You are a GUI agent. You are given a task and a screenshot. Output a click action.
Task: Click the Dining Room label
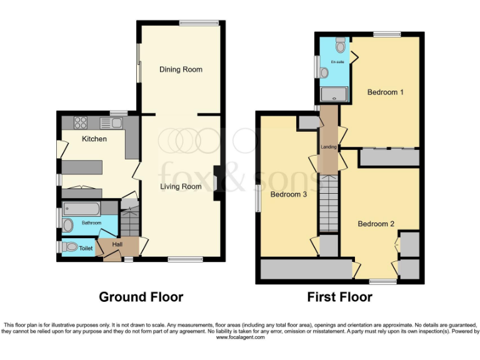click(181, 69)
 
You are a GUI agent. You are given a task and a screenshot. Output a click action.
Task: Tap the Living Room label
click(181, 186)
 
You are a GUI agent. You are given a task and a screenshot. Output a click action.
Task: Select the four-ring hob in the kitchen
click(81, 123)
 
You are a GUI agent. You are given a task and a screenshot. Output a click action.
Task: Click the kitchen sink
click(116, 123)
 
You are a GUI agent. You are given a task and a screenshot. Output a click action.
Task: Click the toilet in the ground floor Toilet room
click(71, 247)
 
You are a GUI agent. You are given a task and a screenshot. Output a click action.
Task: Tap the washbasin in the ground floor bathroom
click(68, 225)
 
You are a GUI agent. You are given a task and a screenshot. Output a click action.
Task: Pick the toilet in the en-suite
click(340, 46)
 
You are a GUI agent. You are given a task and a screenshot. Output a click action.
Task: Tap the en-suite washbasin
click(324, 73)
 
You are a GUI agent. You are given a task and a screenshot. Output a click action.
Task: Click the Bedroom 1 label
click(385, 92)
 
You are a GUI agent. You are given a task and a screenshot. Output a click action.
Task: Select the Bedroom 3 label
click(288, 194)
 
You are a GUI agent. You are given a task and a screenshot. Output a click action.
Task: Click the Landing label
click(329, 147)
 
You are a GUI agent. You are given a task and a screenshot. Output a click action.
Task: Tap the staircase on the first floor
click(329, 203)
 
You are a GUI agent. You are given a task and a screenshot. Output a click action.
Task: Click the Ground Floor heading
click(141, 297)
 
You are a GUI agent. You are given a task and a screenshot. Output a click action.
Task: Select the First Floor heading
click(339, 297)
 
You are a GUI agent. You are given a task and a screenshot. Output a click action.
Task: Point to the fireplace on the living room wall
click(216, 182)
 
